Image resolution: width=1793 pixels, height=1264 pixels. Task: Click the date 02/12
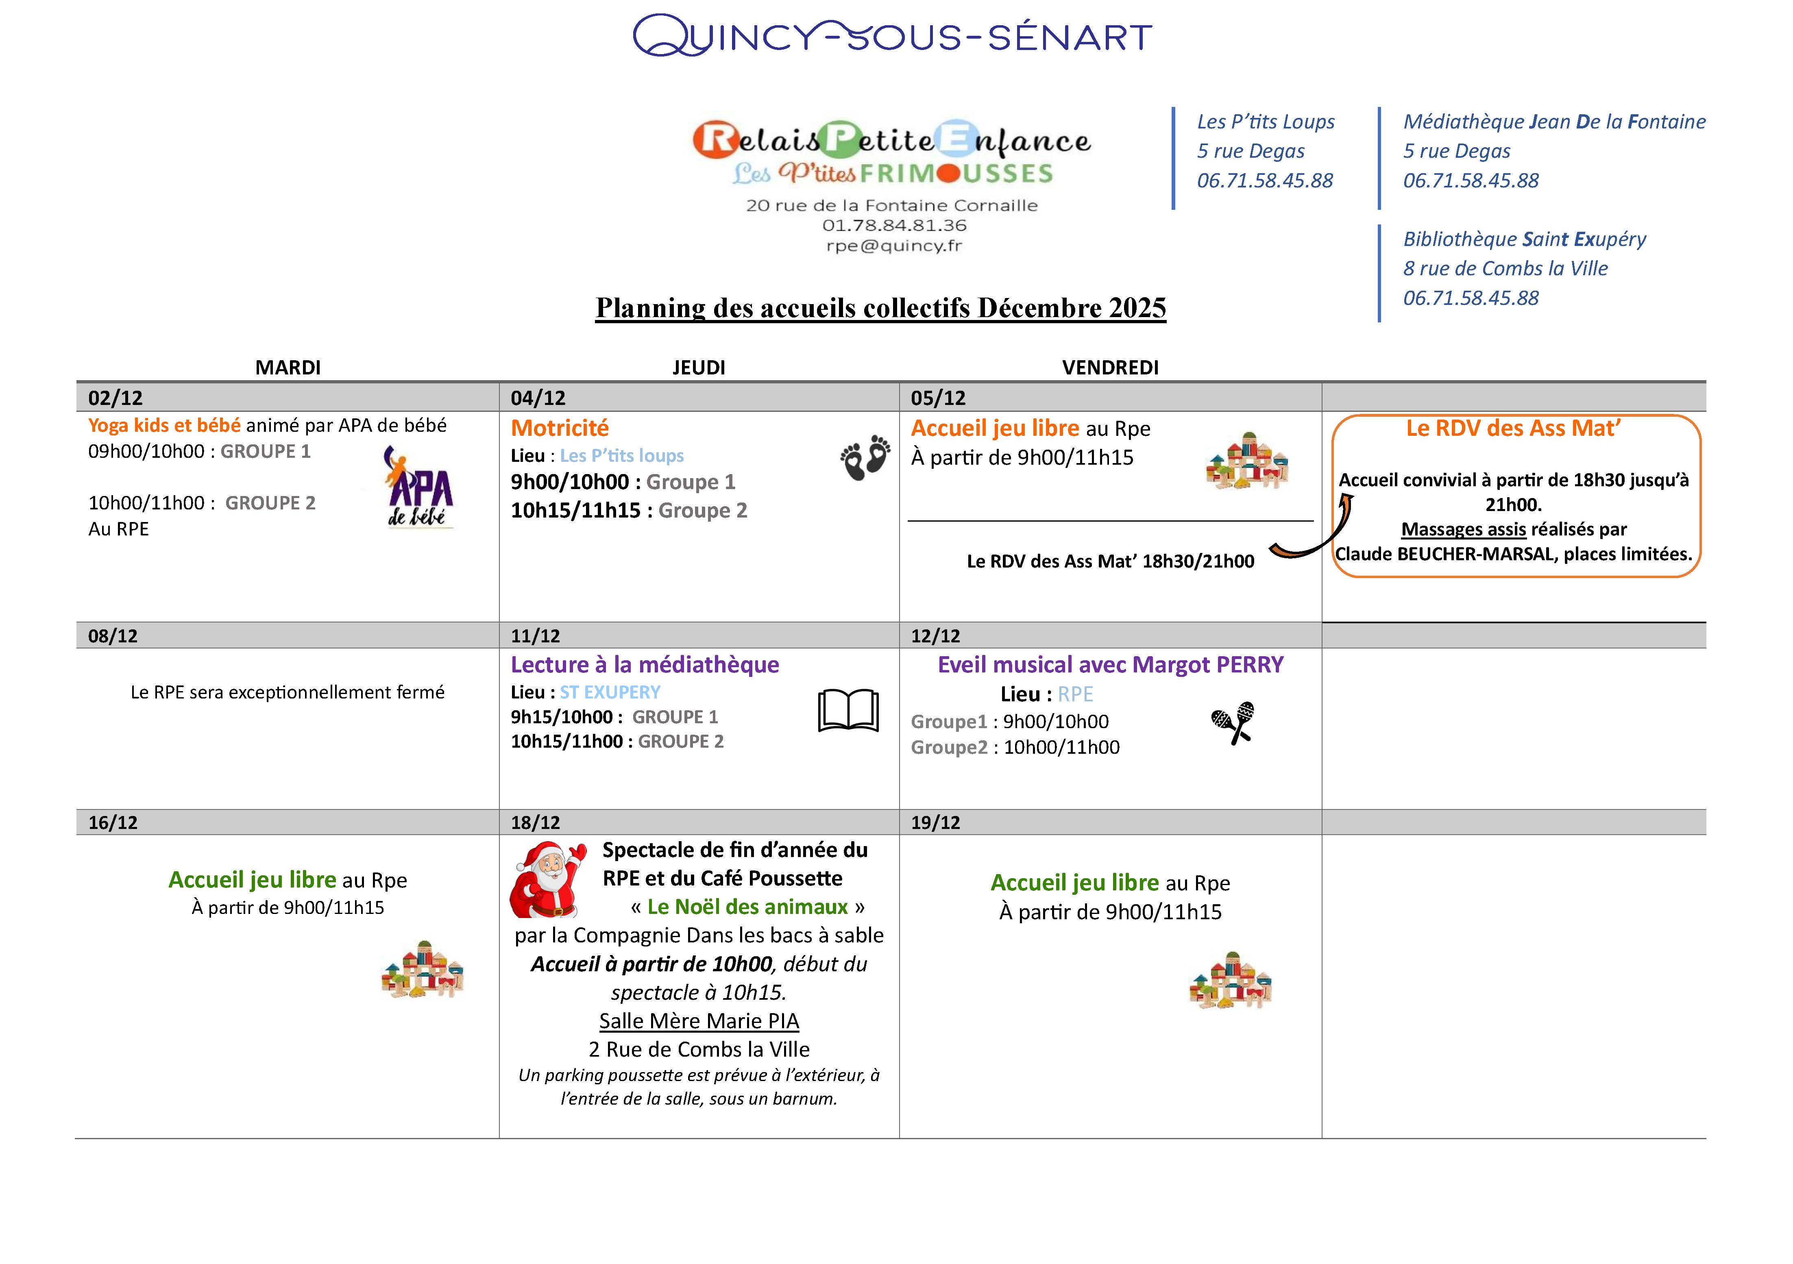(x=115, y=398)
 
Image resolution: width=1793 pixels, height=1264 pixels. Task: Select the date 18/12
(x=536, y=822)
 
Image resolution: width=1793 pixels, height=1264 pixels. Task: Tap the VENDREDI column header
(x=1110, y=368)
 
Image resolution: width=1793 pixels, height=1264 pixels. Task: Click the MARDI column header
(x=288, y=368)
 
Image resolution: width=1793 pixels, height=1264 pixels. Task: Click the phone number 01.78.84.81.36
(x=894, y=226)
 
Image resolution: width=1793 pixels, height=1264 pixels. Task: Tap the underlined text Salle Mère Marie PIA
(x=699, y=1021)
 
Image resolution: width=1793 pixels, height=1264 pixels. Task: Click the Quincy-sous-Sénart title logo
(x=893, y=36)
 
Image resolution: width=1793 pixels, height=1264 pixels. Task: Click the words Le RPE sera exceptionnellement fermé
(x=288, y=692)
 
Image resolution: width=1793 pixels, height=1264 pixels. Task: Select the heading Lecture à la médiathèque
(x=645, y=664)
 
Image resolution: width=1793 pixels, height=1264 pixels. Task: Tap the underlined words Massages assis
(x=1464, y=529)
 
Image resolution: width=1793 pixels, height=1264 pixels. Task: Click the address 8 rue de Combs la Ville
(x=1505, y=269)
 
